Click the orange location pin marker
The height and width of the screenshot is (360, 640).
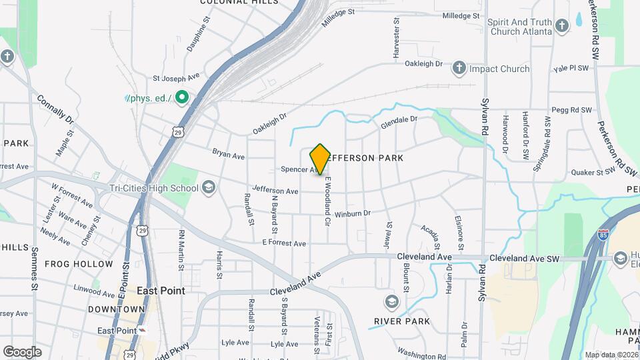coord(320,159)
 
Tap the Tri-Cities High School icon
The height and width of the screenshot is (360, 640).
coord(209,187)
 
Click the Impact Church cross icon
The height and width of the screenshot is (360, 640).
coord(459,68)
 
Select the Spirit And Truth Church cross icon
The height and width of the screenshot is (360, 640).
coord(562,26)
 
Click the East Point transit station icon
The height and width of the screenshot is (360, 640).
coord(143,331)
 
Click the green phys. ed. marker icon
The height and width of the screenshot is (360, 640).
coord(181,98)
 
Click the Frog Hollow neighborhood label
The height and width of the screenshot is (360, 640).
coord(79,264)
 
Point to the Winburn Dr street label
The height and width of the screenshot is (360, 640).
coord(352,214)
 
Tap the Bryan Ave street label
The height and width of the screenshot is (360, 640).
coord(229,155)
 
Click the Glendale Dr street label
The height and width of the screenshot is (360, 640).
coord(399,122)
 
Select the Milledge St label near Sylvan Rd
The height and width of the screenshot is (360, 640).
coord(461,15)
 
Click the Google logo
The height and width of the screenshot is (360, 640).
coord(22,351)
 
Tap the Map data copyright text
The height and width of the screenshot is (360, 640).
coord(611,355)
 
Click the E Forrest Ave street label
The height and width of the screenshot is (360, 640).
coord(284,243)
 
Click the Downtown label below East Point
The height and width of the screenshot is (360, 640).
coord(116,309)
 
